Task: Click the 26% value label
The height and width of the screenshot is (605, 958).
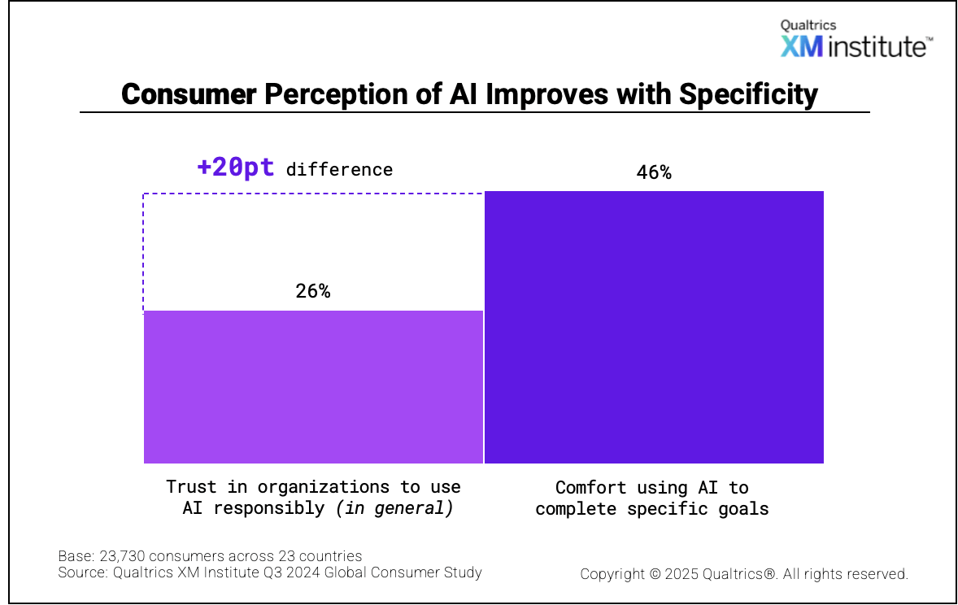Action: pos(313,291)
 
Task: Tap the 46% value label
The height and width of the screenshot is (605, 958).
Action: pos(654,172)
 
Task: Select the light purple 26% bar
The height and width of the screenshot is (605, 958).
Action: pos(313,386)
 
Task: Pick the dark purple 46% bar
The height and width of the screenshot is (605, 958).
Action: pos(654,327)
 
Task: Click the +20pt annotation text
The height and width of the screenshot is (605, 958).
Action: pos(235,168)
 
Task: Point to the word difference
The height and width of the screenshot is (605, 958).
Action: pos(339,169)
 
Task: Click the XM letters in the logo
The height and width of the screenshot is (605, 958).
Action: pos(802,46)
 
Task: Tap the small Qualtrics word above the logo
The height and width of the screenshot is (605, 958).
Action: pos(808,25)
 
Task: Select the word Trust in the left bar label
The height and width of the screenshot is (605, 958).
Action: pos(192,487)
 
